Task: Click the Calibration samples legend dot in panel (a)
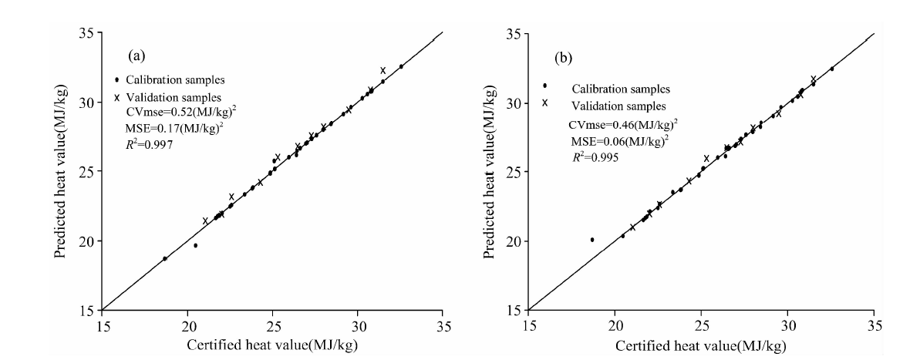pyautogui.click(x=116, y=79)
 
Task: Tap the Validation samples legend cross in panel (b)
pyautogui.click(x=545, y=103)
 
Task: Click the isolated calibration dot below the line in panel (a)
pyautogui.click(x=196, y=246)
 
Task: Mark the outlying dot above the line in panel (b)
pyautogui.click(x=592, y=240)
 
